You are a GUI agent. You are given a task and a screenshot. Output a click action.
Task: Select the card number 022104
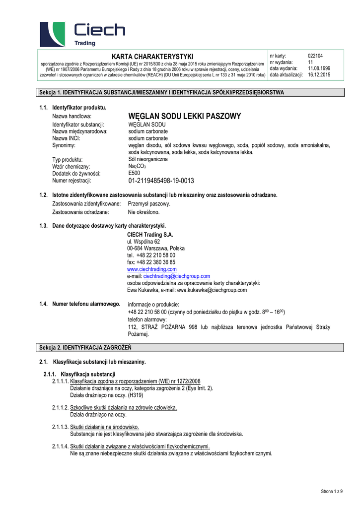pyautogui.click(x=315, y=56)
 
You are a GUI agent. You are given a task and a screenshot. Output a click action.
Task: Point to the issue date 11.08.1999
pyautogui.click(x=319, y=68)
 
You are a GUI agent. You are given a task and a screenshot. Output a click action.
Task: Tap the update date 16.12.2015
pyautogui.click(x=319, y=75)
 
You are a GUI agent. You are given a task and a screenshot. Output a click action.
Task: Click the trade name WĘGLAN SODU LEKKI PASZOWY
pyautogui.click(x=184, y=116)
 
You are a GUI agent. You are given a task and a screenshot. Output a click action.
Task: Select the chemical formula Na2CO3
pyautogui.click(x=137, y=167)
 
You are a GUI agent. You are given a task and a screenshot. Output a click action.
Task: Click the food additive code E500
pyautogui.click(x=134, y=173)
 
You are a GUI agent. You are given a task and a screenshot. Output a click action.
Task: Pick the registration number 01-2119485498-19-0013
pyautogui.click(x=161, y=181)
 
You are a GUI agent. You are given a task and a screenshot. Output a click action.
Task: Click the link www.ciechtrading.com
pyautogui.click(x=152, y=269)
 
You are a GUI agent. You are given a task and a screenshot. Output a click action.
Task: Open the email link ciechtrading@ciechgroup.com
pyautogui.click(x=176, y=276)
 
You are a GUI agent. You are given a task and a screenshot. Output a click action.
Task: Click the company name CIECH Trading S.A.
pyautogui.click(x=150, y=234)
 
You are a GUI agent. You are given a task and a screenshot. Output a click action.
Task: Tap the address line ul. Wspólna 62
pyautogui.click(x=144, y=241)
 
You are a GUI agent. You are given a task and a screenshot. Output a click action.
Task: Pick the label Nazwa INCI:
pyautogui.click(x=66, y=138)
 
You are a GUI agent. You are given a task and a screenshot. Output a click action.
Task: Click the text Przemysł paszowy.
pyautogui.click(x=149, y=203)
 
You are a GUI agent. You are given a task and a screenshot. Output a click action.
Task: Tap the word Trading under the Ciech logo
pyautogui.click(x=84, y=44)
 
